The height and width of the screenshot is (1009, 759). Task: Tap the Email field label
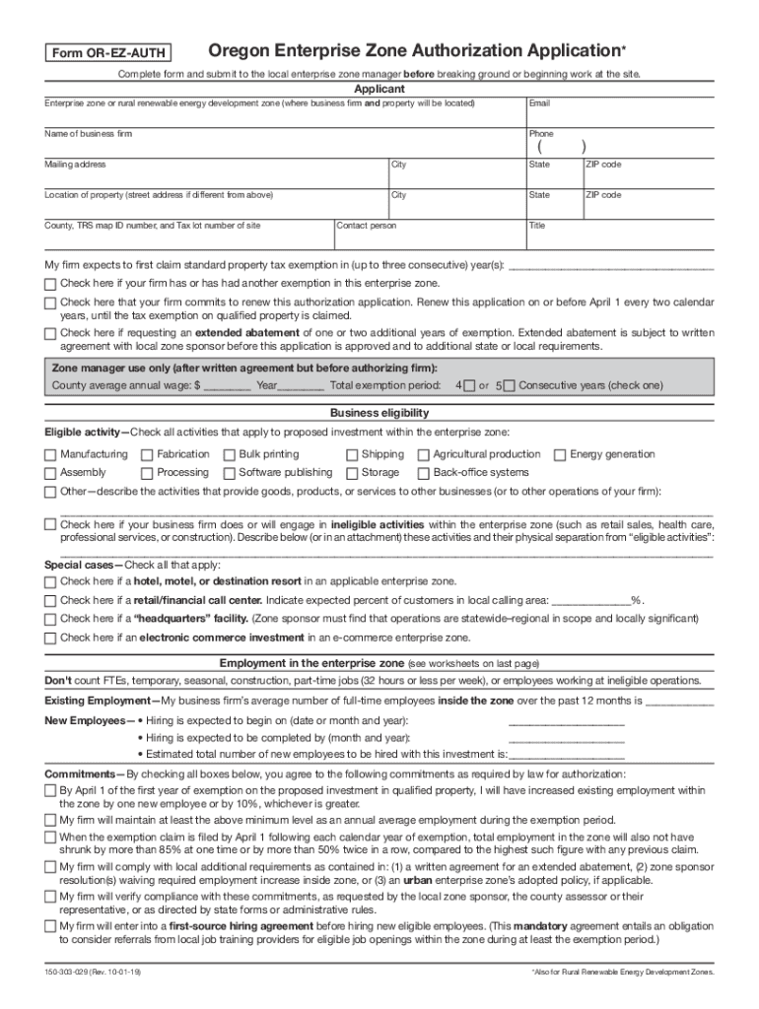540,103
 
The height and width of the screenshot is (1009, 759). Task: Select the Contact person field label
367,226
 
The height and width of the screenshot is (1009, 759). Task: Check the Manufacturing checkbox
50,455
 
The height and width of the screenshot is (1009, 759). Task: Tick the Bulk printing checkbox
229,455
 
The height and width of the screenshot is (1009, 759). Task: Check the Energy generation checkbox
560,455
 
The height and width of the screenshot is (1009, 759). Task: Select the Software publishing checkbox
229,473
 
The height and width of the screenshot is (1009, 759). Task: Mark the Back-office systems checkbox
423,473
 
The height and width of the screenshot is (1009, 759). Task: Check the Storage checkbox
352,473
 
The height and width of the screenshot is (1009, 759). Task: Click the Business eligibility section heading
379,413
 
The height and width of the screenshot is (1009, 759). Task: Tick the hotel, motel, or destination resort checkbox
50,582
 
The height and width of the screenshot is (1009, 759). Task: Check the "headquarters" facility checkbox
50,620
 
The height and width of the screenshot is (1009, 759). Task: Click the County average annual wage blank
228,385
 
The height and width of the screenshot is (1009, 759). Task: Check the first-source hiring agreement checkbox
50,928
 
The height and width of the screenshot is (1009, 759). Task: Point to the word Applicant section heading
379,90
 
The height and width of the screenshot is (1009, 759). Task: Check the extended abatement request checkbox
50,334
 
